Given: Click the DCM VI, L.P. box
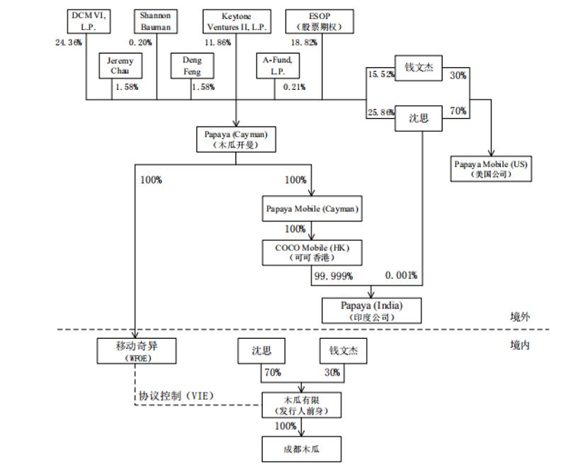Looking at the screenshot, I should (90, 21).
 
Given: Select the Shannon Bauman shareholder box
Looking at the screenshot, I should (155, 21).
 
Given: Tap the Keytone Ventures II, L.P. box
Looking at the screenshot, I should (237, 21).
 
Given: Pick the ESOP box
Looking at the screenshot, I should (320, 21).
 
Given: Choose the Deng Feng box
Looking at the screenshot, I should (192, 66).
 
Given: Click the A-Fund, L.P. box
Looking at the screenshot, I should (277, 66).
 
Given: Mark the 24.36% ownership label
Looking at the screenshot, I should (69, 42).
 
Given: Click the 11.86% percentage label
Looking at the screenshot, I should (217, 42).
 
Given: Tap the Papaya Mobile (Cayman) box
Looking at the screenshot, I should (312, 209).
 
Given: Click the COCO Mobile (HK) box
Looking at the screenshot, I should (312, 252).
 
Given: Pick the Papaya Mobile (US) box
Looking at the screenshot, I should (491, 168).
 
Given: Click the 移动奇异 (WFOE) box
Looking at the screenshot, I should (136, 351).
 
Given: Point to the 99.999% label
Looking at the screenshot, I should (332, 275).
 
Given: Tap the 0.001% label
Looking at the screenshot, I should (401, 275).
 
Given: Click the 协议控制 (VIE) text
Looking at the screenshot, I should (176, 396).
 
